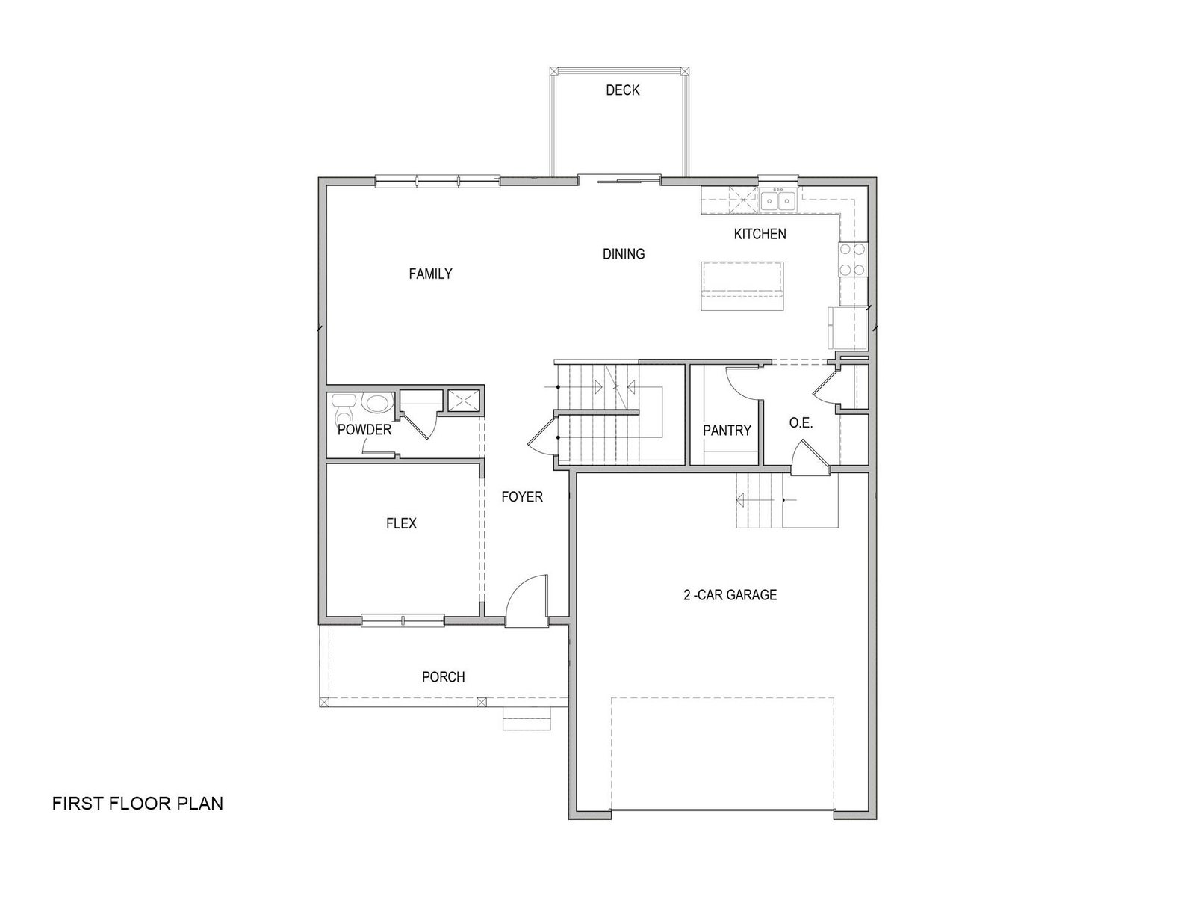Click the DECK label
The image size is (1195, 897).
point(622,90)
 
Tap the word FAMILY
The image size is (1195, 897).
point(430,274)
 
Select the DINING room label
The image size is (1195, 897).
point(624,254)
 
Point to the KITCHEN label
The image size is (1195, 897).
point(760,234)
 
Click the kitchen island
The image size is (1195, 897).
point(742,286)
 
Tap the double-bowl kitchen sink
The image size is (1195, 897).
point(777,201)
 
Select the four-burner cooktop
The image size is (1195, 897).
point(853,259)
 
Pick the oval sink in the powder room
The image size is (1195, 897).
point(376,403)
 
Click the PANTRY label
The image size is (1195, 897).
point(727,431)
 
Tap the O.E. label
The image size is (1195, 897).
point(801,422)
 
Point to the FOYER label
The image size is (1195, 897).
point(522,496)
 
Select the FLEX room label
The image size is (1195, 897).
point(401,523)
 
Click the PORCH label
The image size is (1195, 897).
point(443,677)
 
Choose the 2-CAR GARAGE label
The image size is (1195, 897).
point(730,595)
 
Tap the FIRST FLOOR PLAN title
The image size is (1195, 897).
point(137,804)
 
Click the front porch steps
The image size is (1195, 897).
point(527,718)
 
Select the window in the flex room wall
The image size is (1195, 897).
point(403,620)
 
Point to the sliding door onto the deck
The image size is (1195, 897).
point(620,179)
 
